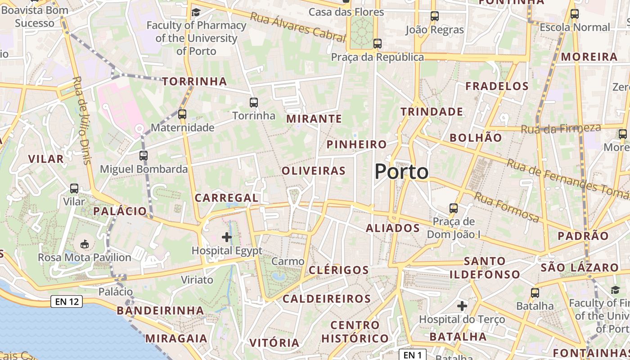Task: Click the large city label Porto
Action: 401,171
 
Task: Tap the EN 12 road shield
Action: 67,301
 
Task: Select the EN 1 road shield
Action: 412,355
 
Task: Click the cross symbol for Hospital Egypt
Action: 227,237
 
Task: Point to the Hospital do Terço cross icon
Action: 462,306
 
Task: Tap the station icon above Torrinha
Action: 254,103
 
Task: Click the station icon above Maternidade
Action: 182,114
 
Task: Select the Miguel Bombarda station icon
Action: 144,156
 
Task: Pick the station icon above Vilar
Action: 74,189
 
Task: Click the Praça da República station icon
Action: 378,44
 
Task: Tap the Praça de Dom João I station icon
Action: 454,208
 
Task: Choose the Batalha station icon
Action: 535,293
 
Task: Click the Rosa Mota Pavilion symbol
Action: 84,244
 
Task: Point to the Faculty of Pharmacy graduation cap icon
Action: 196,12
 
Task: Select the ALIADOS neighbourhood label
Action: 393,228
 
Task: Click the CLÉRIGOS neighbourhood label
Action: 339,270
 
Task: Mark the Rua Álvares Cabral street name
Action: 297,27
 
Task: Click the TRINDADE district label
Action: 432,112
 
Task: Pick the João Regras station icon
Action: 435,16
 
